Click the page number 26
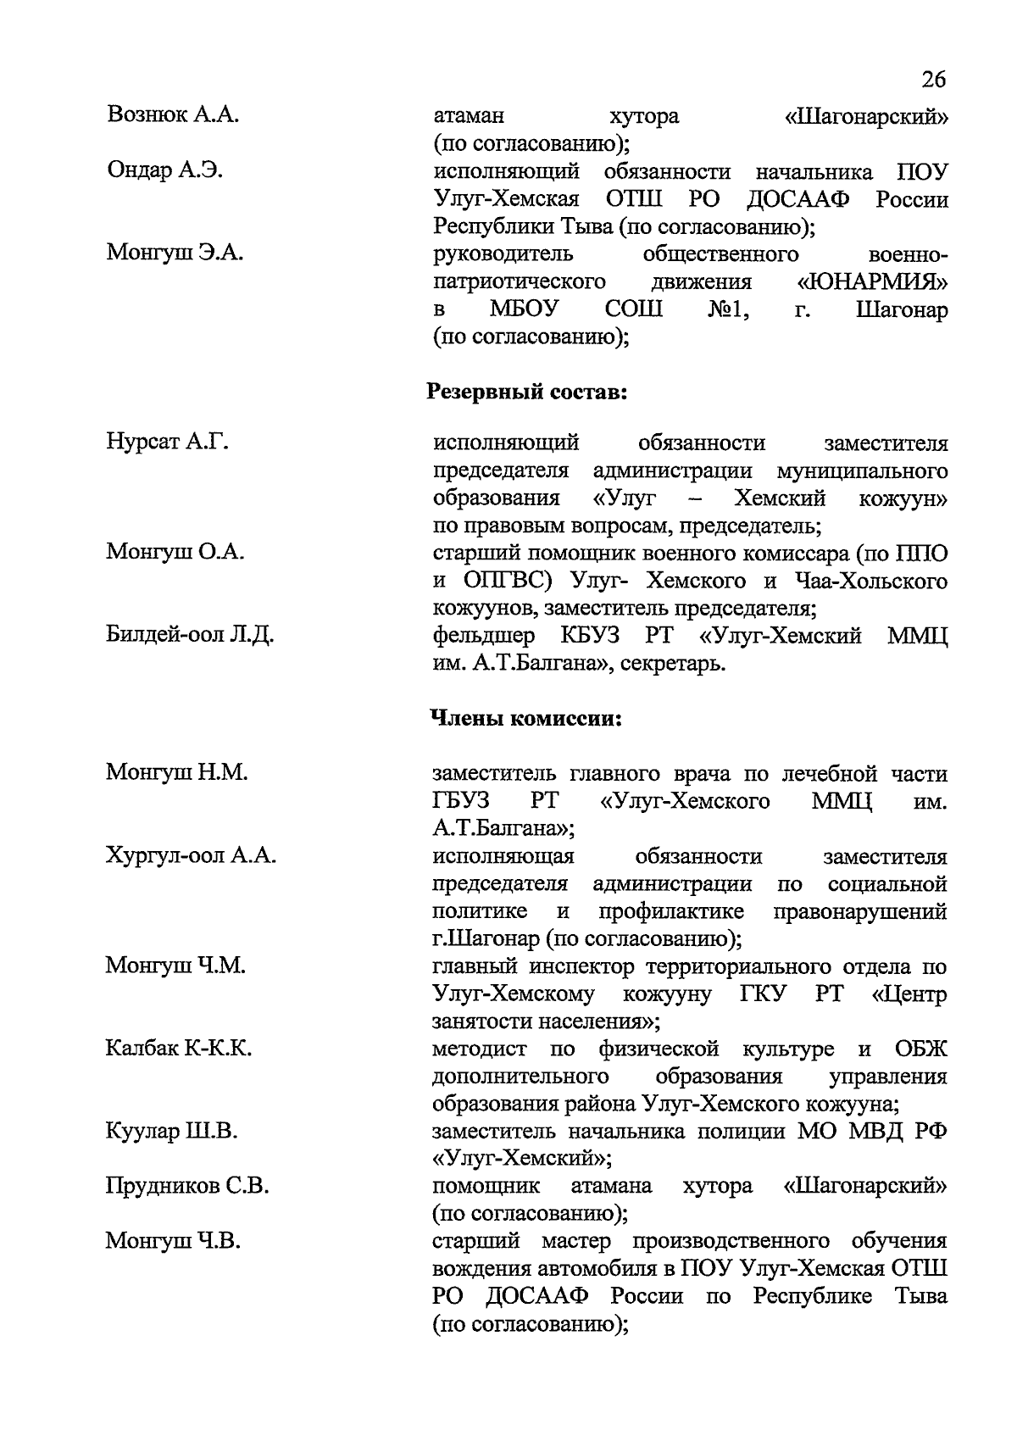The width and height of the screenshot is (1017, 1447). pos(931,81)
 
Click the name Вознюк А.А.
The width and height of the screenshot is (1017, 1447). pos(173,115)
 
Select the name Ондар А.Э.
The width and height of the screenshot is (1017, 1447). pos(165,170)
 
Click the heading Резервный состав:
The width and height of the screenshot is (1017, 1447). pos(526,392)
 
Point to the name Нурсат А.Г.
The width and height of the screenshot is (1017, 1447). pos(168,442)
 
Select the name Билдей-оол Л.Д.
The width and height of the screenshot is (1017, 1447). pos(190,634)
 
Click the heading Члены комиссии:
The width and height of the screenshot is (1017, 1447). pos(527,719)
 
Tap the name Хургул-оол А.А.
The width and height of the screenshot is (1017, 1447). pos(192,856)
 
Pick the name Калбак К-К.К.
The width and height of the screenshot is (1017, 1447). pos(179,1049)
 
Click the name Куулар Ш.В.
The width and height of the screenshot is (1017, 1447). pos(172,1131)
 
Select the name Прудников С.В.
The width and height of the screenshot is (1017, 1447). pos(187,1186)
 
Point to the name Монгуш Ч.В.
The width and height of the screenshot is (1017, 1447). pos(173,1241)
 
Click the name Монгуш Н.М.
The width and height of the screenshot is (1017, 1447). pos(177,772)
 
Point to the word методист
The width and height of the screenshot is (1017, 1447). pos(479,1049)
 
